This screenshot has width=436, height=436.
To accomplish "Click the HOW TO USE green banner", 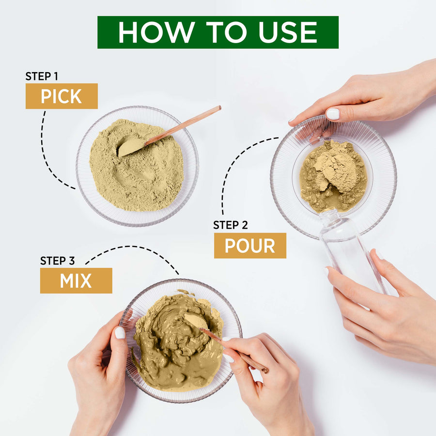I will [x=218, y=32].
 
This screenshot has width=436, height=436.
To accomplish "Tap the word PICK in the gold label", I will [x=61, y=96].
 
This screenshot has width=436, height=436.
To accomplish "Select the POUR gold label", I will [x=250, y=246].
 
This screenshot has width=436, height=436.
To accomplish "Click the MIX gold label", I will [x=76, y=281].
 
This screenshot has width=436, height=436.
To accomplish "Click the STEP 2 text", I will [x=231, y=225].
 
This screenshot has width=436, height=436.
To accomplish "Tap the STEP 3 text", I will [x=57, y=261].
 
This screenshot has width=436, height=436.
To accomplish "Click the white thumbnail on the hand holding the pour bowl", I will [x=332, y=114].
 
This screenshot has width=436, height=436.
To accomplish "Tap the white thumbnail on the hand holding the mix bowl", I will [x=119, y=333].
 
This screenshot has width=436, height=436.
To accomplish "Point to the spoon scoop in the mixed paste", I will [x=194, y=321].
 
